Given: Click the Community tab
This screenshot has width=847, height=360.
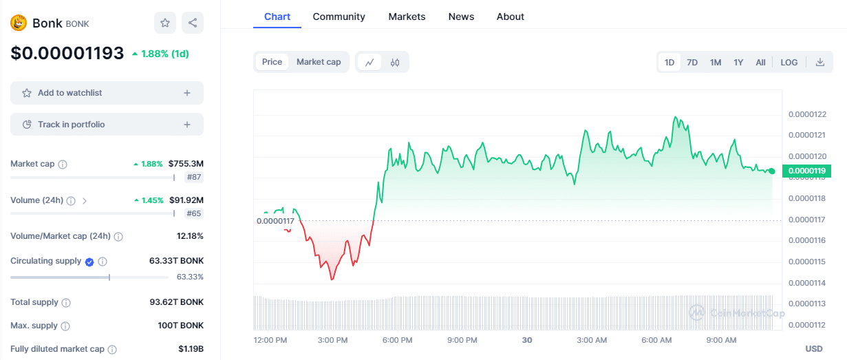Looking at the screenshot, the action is tap(339, 17).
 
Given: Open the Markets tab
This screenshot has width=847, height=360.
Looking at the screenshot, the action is tap(407, 17).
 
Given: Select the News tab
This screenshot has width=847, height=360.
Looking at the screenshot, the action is tap(461, 17).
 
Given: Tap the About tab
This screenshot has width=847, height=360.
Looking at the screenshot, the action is tap(510, 17).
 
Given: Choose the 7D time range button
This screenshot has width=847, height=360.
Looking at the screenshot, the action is tap(692, 63).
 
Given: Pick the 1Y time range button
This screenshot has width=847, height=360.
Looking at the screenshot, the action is tap(738, 63).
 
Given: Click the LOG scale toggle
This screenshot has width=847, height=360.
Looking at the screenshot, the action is tap(789, 63).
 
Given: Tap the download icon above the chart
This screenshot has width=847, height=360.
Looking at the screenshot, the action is tap(819, 62).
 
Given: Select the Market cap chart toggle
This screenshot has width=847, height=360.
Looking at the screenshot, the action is tap(319, 62).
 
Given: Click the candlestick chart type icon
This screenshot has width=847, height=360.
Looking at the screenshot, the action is tap(395, 63).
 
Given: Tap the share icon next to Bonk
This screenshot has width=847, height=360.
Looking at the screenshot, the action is tap(193, 23).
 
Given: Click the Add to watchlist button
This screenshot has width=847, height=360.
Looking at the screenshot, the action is tap(107, 93).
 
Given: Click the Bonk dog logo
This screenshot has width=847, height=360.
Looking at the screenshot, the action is tap(19, 23).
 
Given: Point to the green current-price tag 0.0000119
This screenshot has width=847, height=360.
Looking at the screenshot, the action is tap(806, 171).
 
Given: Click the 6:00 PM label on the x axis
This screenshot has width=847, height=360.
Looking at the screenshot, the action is tap(397, 340).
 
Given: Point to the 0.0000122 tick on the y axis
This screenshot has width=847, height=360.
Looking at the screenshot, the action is tap(807, 114).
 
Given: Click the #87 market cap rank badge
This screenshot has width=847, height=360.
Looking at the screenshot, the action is tap(194, 177).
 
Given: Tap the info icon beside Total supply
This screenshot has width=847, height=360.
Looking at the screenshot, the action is tap(66, 302).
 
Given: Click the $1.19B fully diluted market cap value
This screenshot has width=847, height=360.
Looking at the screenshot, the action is tap(191, 349).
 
